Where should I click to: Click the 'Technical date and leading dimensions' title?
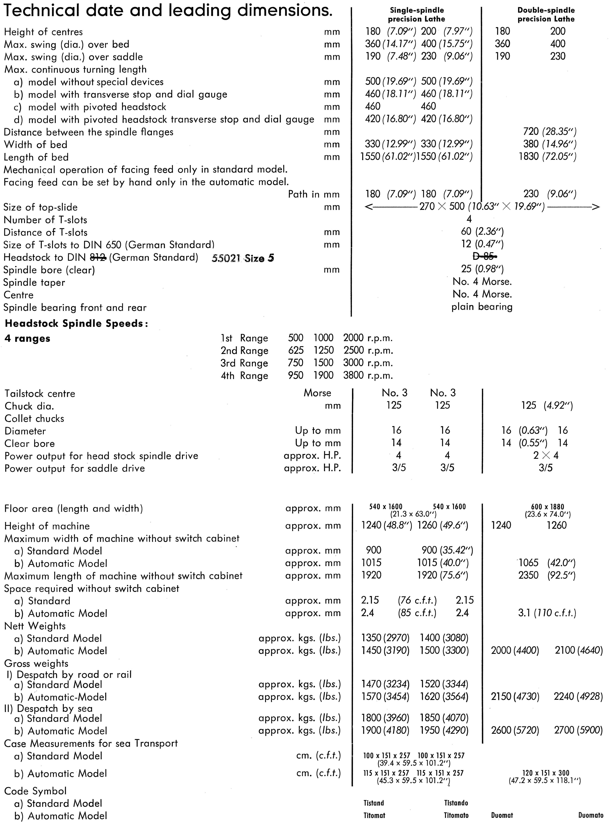(x=168, y=11)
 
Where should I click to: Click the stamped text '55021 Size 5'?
(x=243, y=258)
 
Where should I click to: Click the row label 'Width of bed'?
(x=35, y=144)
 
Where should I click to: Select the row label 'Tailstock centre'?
(x=40, y=394)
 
